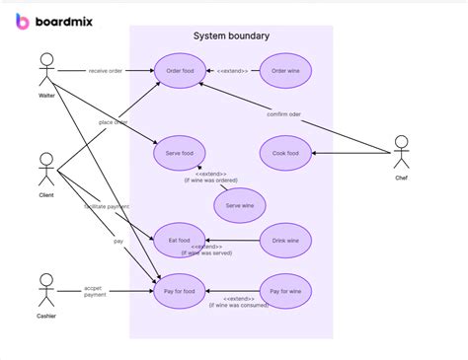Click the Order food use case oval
point(180,71)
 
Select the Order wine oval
point(285,71)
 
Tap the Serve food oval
point(180,153)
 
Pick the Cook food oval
point(285,153)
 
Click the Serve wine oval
point(240,205)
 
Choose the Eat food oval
point(180,241)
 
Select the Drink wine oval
point(285,241)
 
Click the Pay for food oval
point(180,292)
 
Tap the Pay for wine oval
point(285,292)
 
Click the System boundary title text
point(231,36)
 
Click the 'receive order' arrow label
point(106,71)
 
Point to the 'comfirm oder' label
point(284,114)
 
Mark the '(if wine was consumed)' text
point(239,305)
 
